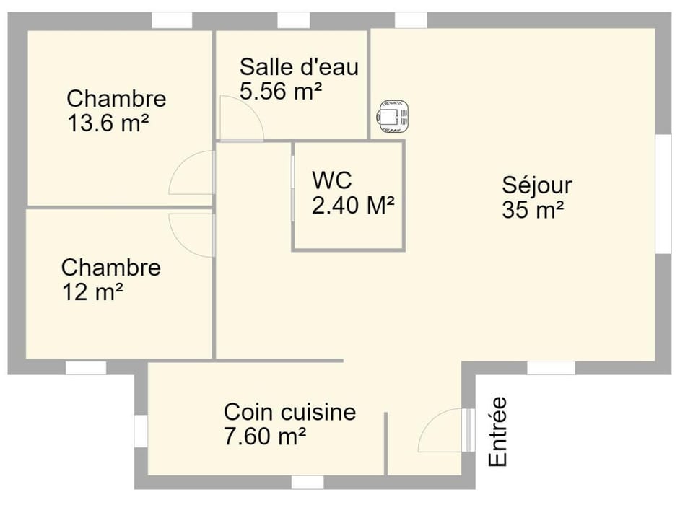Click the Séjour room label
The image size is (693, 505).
[x=537, y=185]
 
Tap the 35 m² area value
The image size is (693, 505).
[x=533, y=210]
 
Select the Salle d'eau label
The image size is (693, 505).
[x=299, y=67]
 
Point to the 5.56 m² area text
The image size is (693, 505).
[x=280, y=91]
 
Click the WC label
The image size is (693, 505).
[x=331, y=180]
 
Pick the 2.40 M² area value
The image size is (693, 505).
[x=353, y=206]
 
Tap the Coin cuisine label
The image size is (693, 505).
[x=289, y=412]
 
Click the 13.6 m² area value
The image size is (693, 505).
[x=108, y=123]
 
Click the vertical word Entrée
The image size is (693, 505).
[x=497, y=431]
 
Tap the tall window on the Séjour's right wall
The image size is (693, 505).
[x=663, y=193]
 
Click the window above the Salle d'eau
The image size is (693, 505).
[x=293, y=19]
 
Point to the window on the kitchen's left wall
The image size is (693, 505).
[x=141, y=430]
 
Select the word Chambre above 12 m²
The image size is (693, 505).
[x=110, y=268]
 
